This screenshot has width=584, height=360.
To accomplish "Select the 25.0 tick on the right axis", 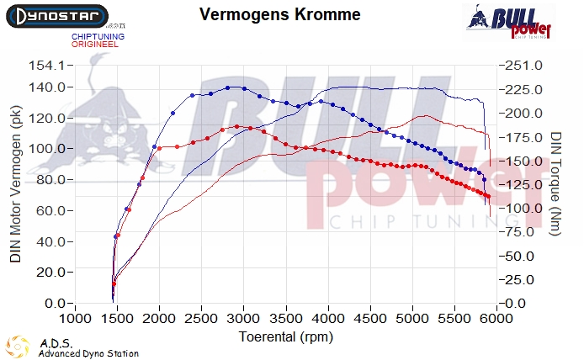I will (x=523, y=279).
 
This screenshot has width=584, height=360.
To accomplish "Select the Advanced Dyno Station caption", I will (x=88, y=353).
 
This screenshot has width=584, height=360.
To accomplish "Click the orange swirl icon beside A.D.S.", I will (x=18, y=347).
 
